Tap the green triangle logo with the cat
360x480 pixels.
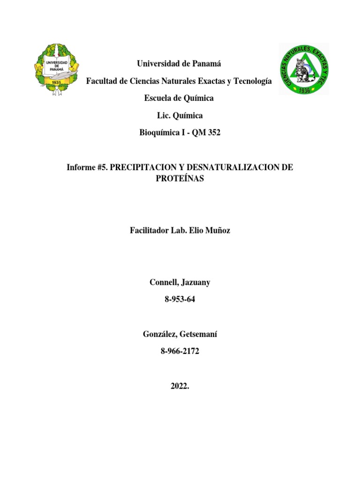coord(304,69)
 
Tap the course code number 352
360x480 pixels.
coord(213,133)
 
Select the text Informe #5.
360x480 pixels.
coord(87,167)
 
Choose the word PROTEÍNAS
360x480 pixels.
coord(180,179)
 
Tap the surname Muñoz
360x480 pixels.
coord(217,231)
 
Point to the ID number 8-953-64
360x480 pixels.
coord(180,300)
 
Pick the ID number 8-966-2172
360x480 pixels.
coord(180,352)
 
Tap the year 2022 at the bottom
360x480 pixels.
coord(179,386)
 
